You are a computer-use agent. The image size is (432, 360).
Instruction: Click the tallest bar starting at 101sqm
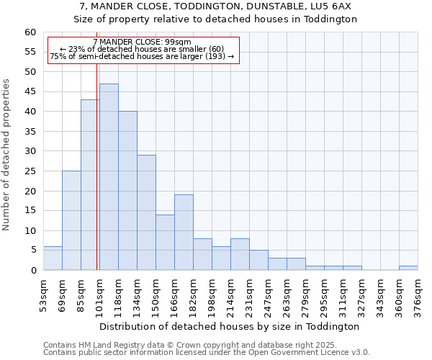[x=109, y=176]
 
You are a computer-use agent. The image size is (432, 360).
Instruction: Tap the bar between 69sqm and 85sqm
[x=71, y=220]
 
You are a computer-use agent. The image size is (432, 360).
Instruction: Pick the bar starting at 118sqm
[x=127, y=190]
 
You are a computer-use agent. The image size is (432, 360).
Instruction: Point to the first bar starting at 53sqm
[x=53, y=258]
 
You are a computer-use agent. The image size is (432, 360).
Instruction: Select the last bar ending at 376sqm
[x=408, y=268]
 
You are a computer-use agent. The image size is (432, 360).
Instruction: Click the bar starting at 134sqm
[x=146, y=212]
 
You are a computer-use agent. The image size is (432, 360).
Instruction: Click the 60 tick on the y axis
[x=30, y=32]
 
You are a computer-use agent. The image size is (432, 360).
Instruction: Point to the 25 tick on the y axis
[x=30, y=171]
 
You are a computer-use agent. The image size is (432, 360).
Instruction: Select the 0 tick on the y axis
[x=32, y=271]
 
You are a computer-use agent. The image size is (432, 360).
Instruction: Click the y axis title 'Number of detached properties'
[x=7, y=155]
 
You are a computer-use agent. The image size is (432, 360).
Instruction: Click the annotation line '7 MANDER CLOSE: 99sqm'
[x=143, y=42]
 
